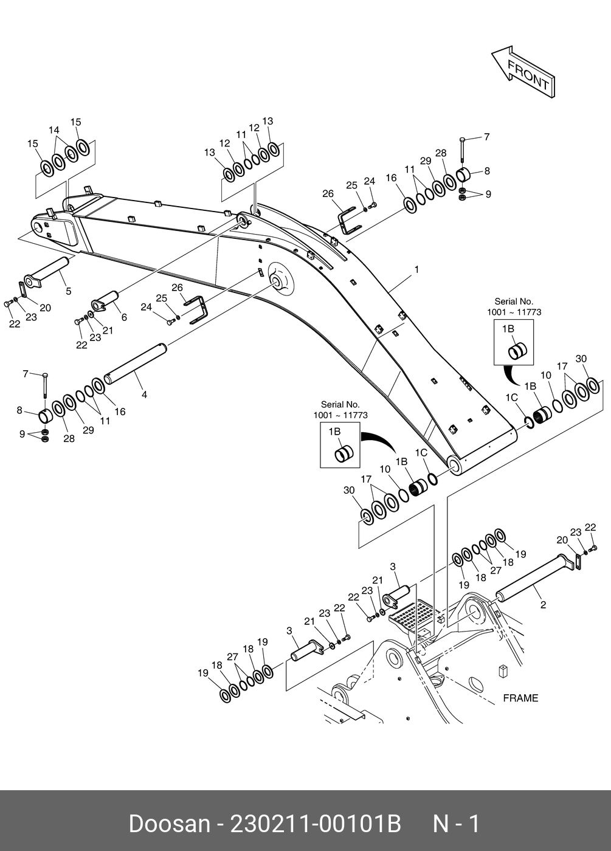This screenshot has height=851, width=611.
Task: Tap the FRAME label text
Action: tap(520, 698)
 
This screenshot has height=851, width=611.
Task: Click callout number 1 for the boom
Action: tap(416, 269)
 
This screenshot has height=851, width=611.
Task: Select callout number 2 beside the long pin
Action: tap(543, 605)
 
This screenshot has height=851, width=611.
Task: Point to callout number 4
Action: tap(144, 395)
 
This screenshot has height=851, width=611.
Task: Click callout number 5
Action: tap(68, 291)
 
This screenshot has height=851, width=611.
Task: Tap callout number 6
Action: tap(124, 317)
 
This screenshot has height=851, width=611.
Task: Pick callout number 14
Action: tap(54, 130)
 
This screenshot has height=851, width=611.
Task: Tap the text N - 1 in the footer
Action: tap(456, 824)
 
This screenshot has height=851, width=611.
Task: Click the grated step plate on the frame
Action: tap(413, 616)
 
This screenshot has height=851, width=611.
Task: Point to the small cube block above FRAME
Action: tap(503, 671)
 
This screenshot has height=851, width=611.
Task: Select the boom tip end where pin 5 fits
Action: tap(43, 230)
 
